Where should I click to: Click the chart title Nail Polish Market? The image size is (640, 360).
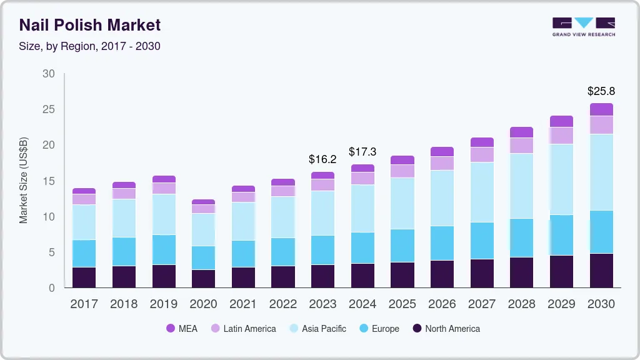pyautogui.click(x=90, y=25)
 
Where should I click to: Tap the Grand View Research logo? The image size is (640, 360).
pyautogui.click(x=584, y=27)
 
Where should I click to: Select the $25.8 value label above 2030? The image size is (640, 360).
pyautogui.click(x=601, y=91)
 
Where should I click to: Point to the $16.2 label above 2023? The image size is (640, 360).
pyautogui.click(x=322, y=159)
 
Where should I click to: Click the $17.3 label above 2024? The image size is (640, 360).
pyautogui.click(x=362, y=152)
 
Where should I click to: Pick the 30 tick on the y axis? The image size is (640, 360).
pyautogui.click(x=49, y=74)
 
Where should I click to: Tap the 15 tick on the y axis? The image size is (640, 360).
pyautogui.click(x=49, y=181)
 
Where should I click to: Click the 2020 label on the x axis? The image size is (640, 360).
pyautogui.click(x=203, y=304)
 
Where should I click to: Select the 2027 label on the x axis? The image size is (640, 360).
pyautogui.click(x=482, y=304)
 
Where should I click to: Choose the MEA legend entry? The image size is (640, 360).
pyautogui.click(x=182, y=329)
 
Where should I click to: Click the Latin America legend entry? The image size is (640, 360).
pyautogui.click(x=243, y=329)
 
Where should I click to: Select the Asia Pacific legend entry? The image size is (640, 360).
pyautogui.click(x=317, y=329)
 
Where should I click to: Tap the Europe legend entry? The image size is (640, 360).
pyautogui.click(x=379, y=329)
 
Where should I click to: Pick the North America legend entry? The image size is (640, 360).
pyautogui.click(x=446, y=329)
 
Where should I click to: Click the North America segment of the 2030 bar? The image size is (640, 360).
pyautogui.click(x=601, y=270)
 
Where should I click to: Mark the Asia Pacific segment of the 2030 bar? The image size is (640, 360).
pyautogui.click(x=601, y=172)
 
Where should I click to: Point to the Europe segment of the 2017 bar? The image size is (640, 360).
pyautogui.click(x=84, y=253)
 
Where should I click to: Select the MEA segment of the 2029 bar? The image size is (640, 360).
pyautogui.click(x=561, y=121)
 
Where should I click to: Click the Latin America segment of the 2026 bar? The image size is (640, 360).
pyautogui.click(x=442, y=163)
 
